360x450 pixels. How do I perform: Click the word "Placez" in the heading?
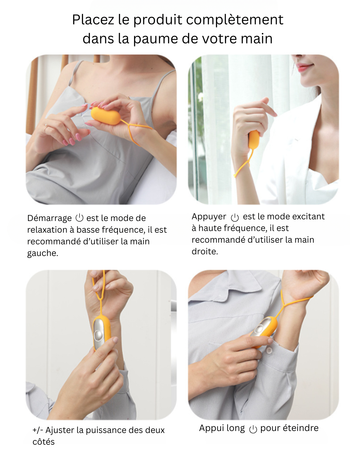pos(93,20)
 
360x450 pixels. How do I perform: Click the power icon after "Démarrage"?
pos(79,218)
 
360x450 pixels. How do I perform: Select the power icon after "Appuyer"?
pos(235,217)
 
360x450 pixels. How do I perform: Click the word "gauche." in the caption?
pos(43,253)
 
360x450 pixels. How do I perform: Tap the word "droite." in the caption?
pos(205,251)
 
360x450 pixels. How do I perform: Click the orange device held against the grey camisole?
pos(106,116)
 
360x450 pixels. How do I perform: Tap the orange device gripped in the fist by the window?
pos(254,139)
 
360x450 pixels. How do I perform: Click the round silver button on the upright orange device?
pos(99,335)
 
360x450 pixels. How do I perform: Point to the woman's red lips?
pos(303,68)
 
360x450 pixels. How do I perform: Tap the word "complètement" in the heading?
pos(235,20)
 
